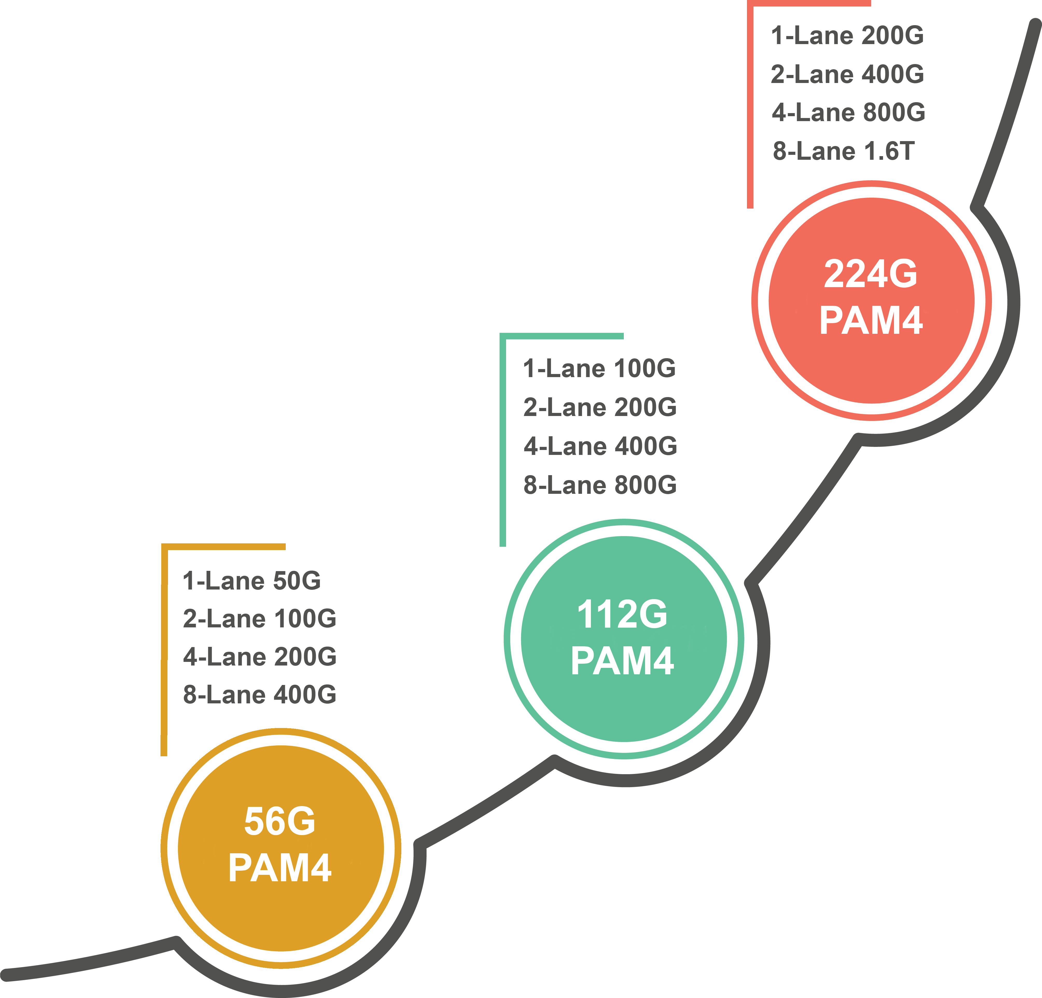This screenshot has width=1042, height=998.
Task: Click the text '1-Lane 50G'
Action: (251, 581)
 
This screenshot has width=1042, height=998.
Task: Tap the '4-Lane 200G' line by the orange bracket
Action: (260, 657)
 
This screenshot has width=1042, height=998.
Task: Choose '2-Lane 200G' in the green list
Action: (600, 407)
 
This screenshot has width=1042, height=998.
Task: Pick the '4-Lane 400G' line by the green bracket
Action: (600, 446)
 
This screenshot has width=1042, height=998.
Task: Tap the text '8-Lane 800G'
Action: (600, 485)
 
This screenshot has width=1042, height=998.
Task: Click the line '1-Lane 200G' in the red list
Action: (847, 36)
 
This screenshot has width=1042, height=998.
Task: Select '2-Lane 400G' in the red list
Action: (847, 74)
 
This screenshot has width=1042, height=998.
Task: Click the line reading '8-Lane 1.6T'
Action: (844, 151)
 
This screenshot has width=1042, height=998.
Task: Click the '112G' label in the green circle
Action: (622, 615)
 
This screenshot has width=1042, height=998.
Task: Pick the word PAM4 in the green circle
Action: (622, 661)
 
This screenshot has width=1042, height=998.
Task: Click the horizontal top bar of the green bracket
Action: (561, 336)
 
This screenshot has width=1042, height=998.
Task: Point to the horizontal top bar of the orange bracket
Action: (223, 546)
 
